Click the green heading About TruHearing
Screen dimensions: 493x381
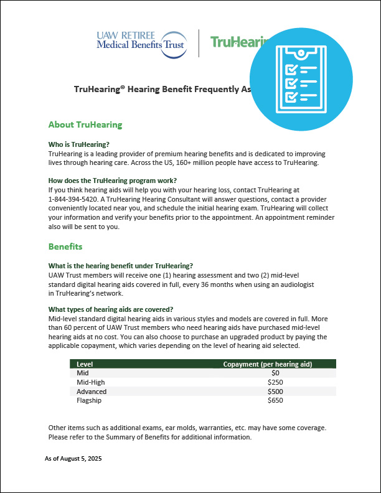click(85, 124)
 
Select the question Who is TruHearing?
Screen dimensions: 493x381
click(79, 144)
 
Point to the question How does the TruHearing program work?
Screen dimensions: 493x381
click(111, 181)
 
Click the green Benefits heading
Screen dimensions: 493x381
click(65, 247)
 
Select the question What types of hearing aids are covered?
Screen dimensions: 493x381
click(111, 310)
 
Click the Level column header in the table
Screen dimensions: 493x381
click(85, 364)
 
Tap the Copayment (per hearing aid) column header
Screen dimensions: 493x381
click(267, 364)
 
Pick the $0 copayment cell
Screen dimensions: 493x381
click(275, 373)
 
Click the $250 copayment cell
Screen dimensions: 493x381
click(275, 382)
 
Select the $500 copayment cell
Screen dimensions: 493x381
click(275, 392)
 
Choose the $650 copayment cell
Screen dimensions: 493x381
click(275, 401)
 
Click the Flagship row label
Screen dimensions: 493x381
click(89, 401)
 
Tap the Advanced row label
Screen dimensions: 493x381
click(92, 392)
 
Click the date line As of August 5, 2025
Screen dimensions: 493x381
click(73, 459)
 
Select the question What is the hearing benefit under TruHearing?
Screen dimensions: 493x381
click(121, 266)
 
